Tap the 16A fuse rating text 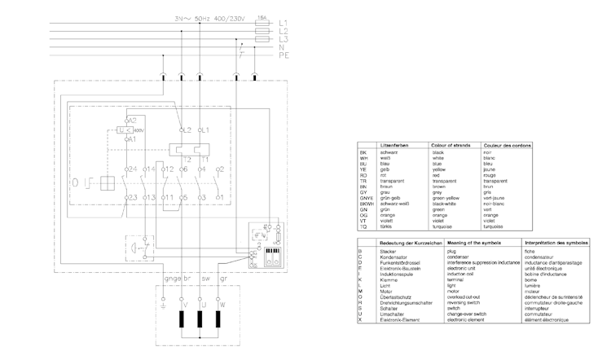click(x=262, y=15)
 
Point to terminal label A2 click(x=130, y=121)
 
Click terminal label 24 click(x=130, y=169)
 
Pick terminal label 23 click(x=130, y=198)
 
